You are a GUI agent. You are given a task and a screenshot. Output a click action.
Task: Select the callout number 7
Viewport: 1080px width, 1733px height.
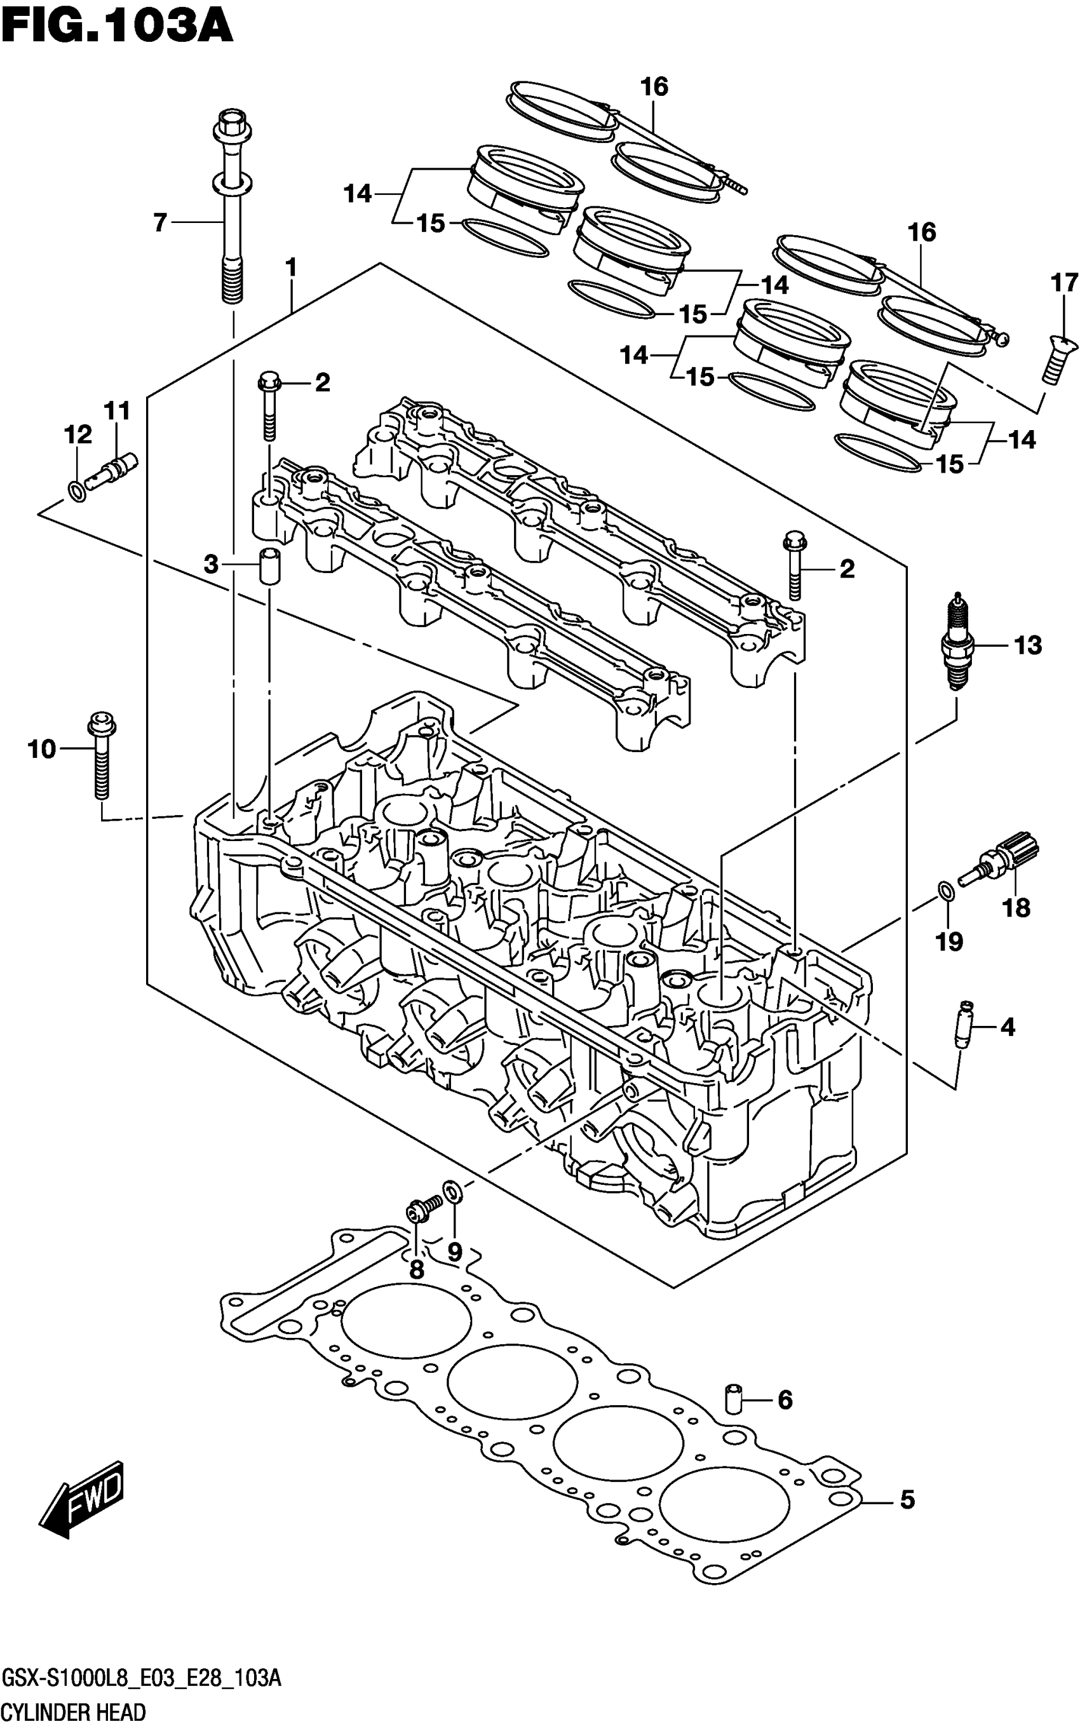[160, 223]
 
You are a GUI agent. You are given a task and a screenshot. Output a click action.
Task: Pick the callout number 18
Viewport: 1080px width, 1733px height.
[1016, 908]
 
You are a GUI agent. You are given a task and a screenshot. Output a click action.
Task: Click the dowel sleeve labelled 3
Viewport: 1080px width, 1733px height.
[269, 565]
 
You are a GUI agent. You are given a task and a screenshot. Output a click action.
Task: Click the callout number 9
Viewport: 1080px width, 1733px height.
[455, 1251]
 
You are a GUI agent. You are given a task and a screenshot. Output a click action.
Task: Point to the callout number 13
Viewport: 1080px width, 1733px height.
[1028, 645]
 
